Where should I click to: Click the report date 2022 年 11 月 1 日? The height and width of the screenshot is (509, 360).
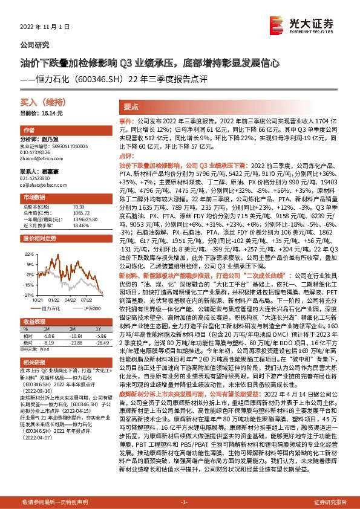coord(45,27)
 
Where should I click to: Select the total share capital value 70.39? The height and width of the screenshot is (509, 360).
coord(79,207)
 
